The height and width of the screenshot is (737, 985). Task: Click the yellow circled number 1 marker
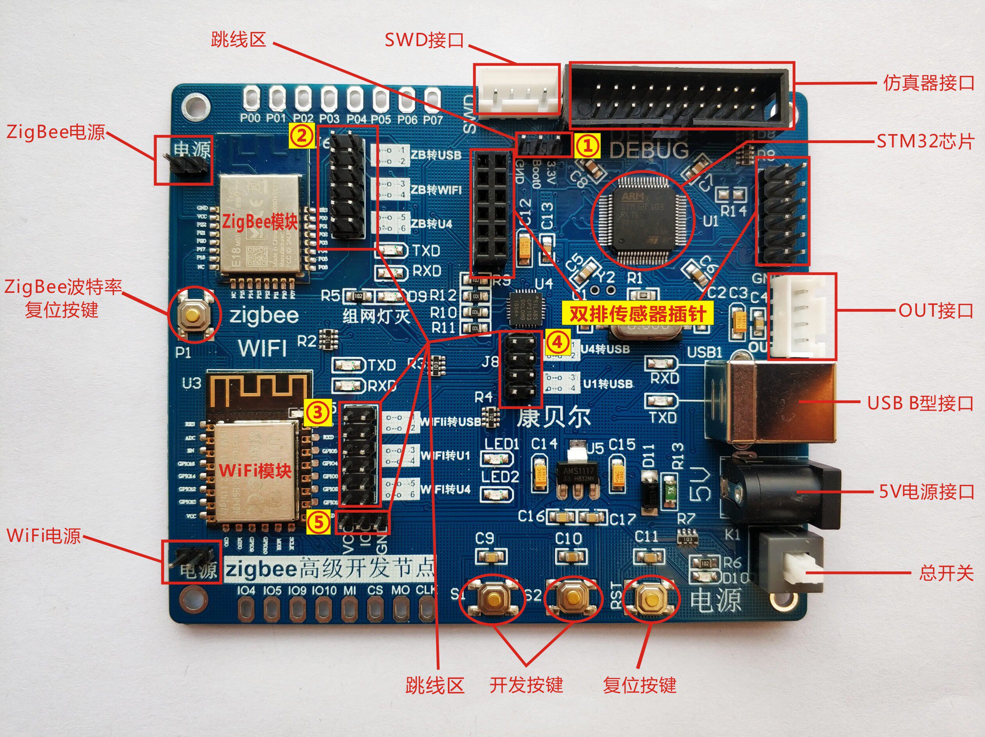click(587, 145)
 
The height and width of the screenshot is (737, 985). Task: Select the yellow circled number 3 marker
click(317, 412)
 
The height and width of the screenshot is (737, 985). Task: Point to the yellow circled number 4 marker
click(557, 342)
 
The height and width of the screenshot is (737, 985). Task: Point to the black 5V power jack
click(779, 491)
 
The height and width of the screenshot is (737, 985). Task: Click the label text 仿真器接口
click(928, 83)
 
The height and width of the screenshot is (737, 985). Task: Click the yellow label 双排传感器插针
click(638, 314)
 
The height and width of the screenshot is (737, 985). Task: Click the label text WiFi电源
click(43, 536)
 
